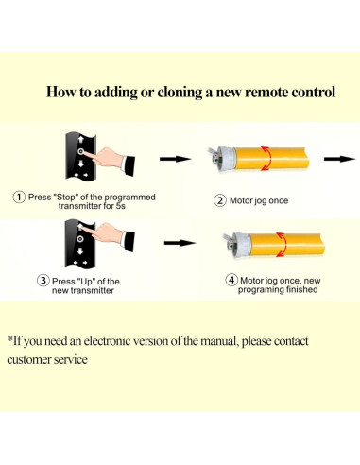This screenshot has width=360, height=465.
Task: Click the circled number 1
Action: [x=19, y=197]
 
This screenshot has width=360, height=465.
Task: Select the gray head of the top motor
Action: [x=221, y=157]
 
